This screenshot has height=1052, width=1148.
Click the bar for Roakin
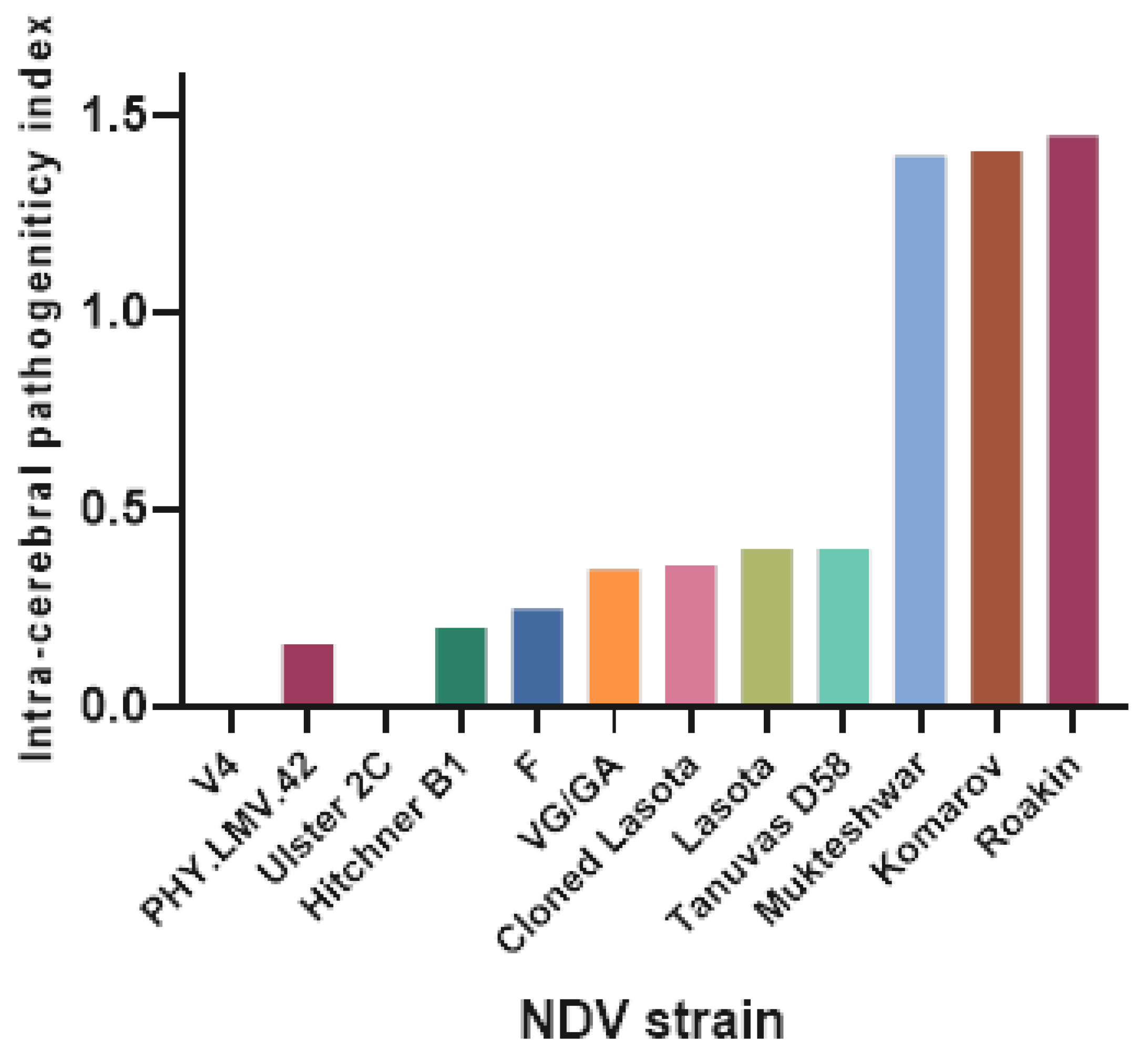(1072, 421)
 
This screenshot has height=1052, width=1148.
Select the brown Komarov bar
(997, 429)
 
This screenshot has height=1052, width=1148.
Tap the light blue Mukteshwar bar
(920, 431)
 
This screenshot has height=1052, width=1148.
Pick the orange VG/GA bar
(614, 637)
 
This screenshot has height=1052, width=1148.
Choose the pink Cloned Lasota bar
(691, 635)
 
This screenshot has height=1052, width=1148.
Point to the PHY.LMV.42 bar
(307, 675)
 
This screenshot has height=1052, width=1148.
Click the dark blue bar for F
(537, 657)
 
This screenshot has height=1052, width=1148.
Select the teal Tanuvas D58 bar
(843, 627)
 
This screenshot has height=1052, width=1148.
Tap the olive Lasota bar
(766, 627)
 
